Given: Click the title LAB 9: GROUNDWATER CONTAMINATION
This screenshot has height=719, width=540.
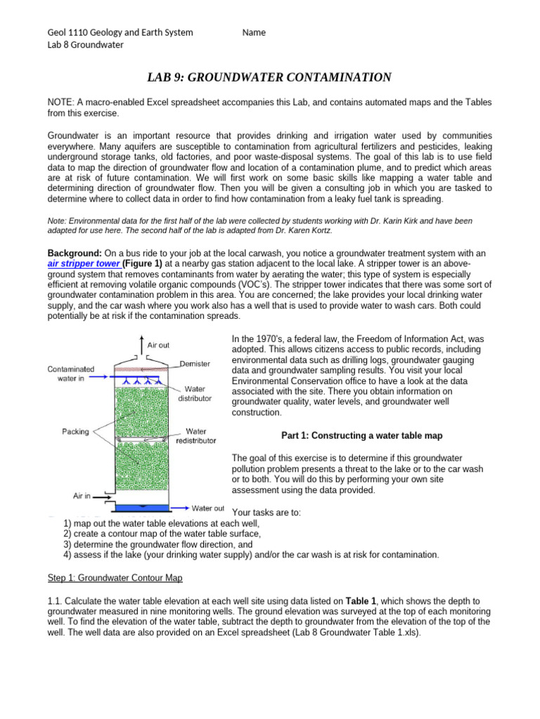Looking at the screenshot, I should (270, 77).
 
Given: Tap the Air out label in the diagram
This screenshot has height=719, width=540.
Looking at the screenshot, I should (158, 345).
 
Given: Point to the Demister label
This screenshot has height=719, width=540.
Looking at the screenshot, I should (195, 363).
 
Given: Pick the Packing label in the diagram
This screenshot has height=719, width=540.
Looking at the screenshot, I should (76, 431).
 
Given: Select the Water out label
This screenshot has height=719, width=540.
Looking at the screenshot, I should (208, 508).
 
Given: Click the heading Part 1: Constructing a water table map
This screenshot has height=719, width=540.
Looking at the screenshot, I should (361, 435).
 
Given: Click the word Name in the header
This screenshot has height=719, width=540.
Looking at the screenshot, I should (254, 33).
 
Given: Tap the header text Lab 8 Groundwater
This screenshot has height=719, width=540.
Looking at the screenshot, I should (84, 45).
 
